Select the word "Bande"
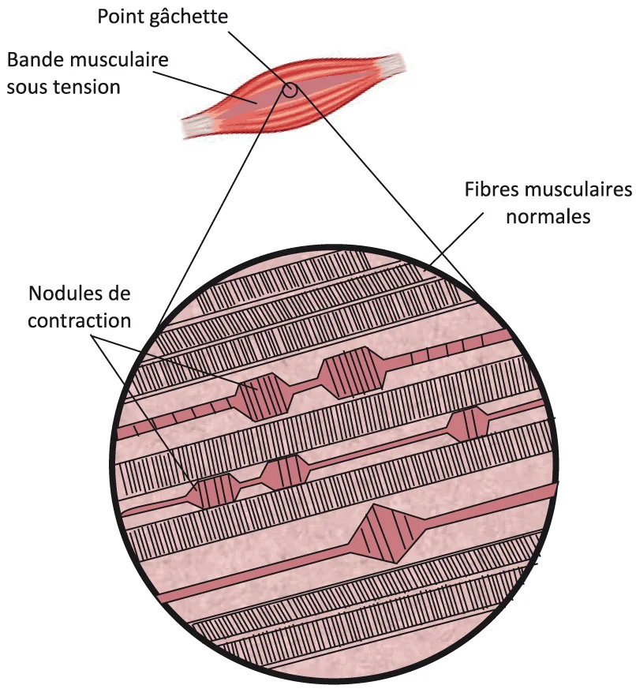pyautogui.click(x=32, y=60)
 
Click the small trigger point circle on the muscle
pyautogui.click(x=290, y=89)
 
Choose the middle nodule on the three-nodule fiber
pyautogui.click(x=283, y=472)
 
